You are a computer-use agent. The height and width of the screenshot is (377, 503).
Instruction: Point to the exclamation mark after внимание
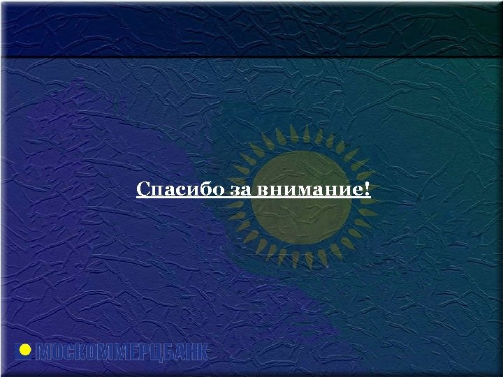pos(367,188)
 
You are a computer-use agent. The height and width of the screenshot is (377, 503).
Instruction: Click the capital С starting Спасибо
pos(142,189)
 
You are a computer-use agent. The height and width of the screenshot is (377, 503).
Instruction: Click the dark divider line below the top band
pos(251,57)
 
